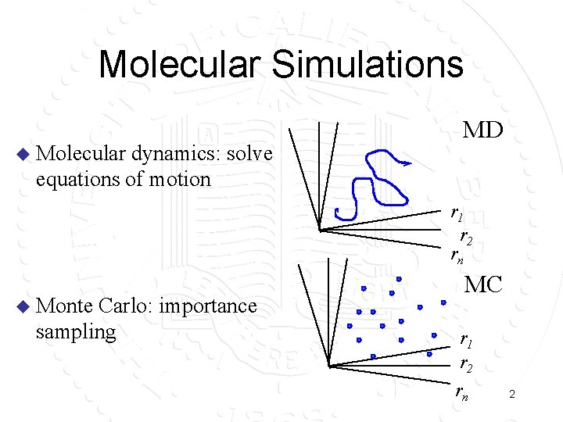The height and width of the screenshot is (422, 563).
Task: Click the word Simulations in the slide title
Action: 368,64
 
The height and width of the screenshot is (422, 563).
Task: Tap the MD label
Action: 482,130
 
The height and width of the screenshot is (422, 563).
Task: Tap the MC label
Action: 483,284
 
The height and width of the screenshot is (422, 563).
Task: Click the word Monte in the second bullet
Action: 65,306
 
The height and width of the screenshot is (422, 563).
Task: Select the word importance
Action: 207,306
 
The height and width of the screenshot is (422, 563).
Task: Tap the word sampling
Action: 75,331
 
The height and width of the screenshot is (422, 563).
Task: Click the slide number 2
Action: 511,395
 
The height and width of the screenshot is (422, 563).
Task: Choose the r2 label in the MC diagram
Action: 465,365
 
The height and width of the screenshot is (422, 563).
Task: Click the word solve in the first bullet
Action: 249,154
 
